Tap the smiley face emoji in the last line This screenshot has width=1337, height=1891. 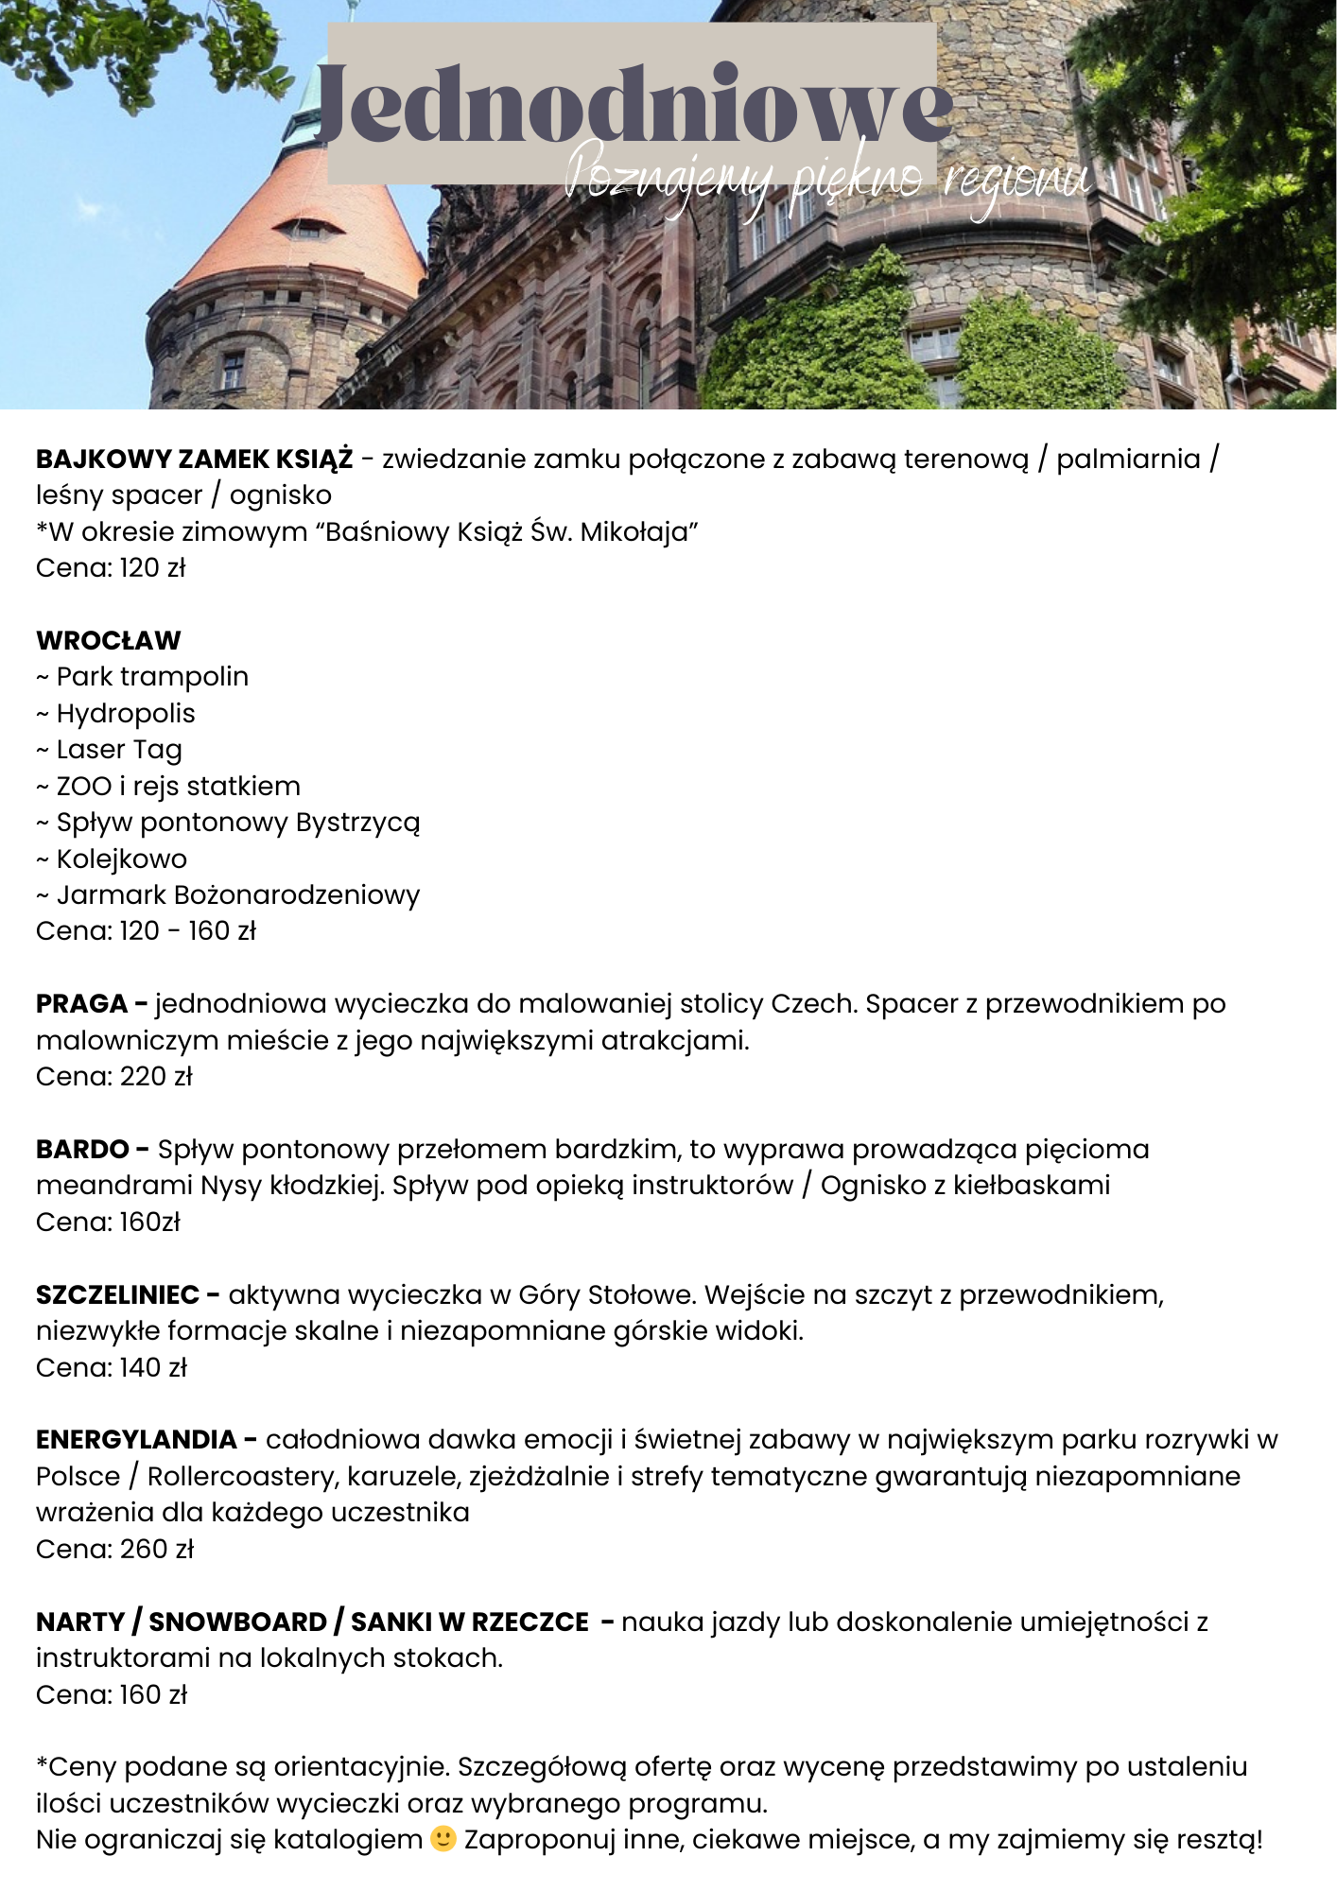pyautogui.click(x=443, y=1839)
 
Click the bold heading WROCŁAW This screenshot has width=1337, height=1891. pyautogui.click(x=108, y=640)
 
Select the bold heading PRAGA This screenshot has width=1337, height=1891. pyautogui.click(x=81, y=1003)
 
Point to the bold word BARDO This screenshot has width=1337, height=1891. pyautogui.click(x=82, y=1149)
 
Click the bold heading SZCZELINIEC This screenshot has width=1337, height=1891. pyautogui.click(x=117, y=1294)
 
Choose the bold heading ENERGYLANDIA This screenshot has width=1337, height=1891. pyautogui.click(x=136, y=1439)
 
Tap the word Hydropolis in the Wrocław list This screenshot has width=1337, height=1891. pyautogui.click(x=126, y=713)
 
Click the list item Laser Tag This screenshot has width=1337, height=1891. pyautogui.click(x=119, y=750)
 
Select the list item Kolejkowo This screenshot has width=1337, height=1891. pyautogui.click(x=122, y=859)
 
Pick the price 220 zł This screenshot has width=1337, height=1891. pyautogui.click(x=156, y=1076)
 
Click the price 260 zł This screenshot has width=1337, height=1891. pyautogui.click(x=157, y=1549)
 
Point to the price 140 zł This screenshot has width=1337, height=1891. pyautogui.click(x=153, y=1367)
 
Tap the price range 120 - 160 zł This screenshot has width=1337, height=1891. pyautogui.click(x=187, y=931)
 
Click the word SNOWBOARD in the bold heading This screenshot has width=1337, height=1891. pyautogui.click(x=237, y=1622)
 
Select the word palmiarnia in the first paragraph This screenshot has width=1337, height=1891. pyautogui.click(x=1128, y=460)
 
